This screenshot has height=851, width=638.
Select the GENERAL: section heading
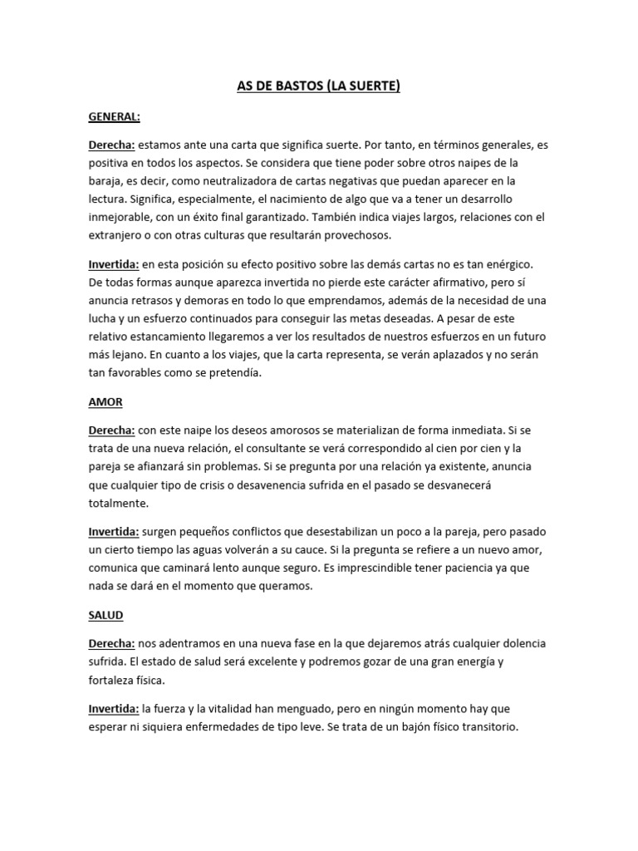click(x=115, y=118)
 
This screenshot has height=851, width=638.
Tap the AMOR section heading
click(x=106, y=401)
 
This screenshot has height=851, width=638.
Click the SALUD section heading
click(x=106, y=617)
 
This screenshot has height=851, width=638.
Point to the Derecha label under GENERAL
click(x=111, y=145)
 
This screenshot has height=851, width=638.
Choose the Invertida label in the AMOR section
click(x=114, y=531)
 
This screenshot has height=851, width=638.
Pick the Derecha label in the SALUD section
click(x=111, y=644)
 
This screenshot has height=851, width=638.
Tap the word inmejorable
click(x=120, y=217)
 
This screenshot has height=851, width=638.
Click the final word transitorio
click(x=488, y=726)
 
